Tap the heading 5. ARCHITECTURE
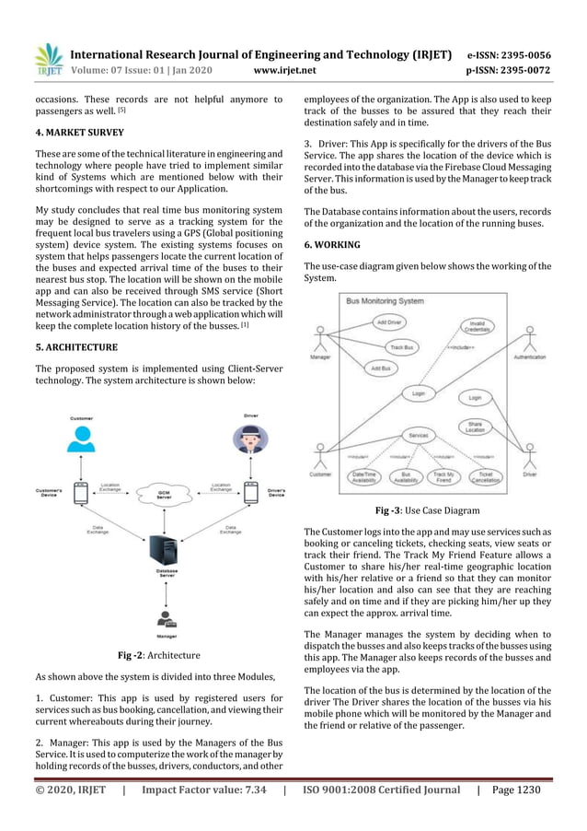coord(75,347)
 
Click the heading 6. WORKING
coord(332,245)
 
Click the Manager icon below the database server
coord(166,619)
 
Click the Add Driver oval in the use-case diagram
coord(388,322)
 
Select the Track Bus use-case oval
coord(400,347)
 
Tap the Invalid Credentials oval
coord(477,326)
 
